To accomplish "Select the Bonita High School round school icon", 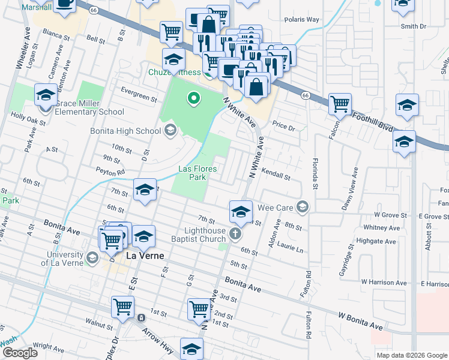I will click(170, 130).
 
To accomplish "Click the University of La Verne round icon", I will click(92, 258).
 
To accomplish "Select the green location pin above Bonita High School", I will click(193, 97).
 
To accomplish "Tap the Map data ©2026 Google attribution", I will click(411, 355).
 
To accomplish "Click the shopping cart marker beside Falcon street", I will click(340, 103).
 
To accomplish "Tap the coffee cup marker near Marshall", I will click(65, 4).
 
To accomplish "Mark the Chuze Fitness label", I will click(175, 73).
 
